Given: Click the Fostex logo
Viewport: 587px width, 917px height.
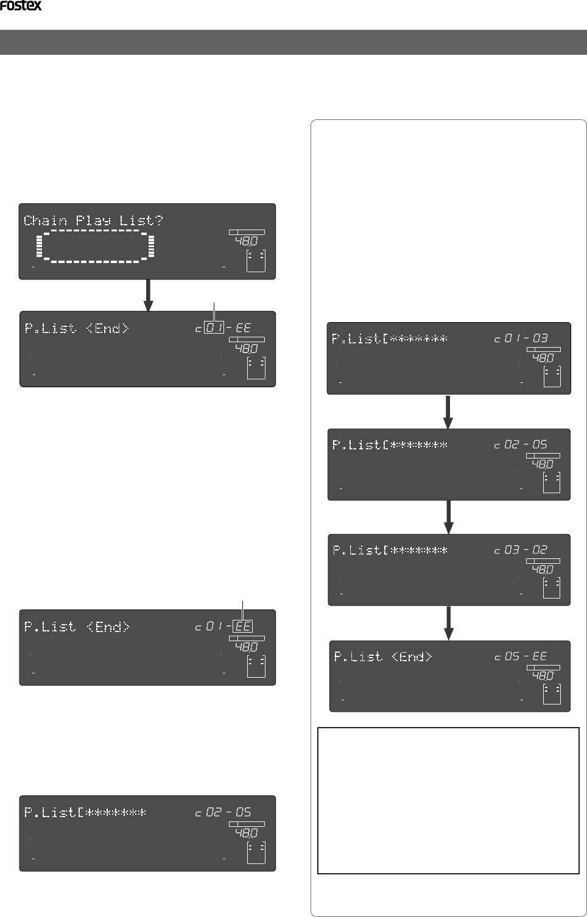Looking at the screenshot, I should coord(21,6).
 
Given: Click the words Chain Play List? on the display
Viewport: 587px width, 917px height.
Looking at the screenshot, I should coord(93,220).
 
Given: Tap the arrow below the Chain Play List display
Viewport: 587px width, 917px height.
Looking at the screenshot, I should coord(147,295).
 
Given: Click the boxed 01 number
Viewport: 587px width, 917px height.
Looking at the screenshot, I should coord(214,328).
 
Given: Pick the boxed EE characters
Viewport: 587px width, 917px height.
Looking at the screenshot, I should coord(242,627).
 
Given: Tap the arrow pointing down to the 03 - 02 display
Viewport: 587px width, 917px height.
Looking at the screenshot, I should coord(449,517).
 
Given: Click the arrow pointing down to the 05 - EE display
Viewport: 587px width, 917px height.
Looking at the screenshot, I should coord(449,623).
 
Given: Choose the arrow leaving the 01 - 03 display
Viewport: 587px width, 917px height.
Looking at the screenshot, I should coord(449,412).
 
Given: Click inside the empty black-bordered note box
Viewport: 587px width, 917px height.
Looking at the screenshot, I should coord(448,800).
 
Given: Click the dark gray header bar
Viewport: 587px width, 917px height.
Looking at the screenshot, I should coord(293,42).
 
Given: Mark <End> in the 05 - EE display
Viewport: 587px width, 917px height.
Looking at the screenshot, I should coord(412,656).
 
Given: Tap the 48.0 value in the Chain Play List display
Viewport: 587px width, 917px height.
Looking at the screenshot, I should coord(246,241).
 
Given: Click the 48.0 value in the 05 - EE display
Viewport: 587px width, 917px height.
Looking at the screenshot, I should coord(542,676).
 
